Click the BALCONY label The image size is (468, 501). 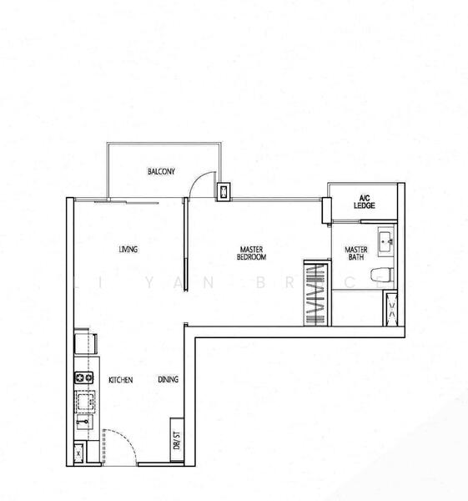point(161,172)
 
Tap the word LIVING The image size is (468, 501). point(128,250)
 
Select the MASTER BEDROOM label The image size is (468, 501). point(251,253)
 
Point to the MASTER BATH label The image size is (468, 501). point(356,253)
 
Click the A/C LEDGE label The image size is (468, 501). point(363,201)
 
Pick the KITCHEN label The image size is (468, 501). point(121,380)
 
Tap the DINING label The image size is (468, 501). point(168,380)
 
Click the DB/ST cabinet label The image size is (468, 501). point(176,439)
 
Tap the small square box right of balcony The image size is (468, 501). point(223,193)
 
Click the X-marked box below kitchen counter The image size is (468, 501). point(78,453)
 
